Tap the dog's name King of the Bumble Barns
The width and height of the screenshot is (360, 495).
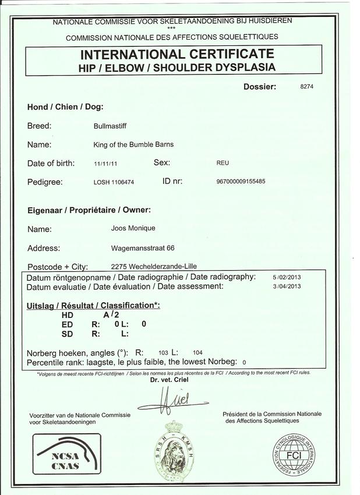[133, 144]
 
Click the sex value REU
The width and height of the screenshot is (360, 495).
[223, 164]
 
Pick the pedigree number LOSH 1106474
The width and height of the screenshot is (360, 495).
[114, 182]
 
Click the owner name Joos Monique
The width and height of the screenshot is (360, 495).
[133, 228]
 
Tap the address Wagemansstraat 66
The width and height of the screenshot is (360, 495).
[143, 248]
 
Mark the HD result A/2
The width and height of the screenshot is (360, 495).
[111, 314]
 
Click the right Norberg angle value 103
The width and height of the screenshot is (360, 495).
[164, 353]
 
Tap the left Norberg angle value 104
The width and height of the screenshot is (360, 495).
[197, 353]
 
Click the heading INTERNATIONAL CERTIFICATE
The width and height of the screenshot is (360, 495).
[177, 55]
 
